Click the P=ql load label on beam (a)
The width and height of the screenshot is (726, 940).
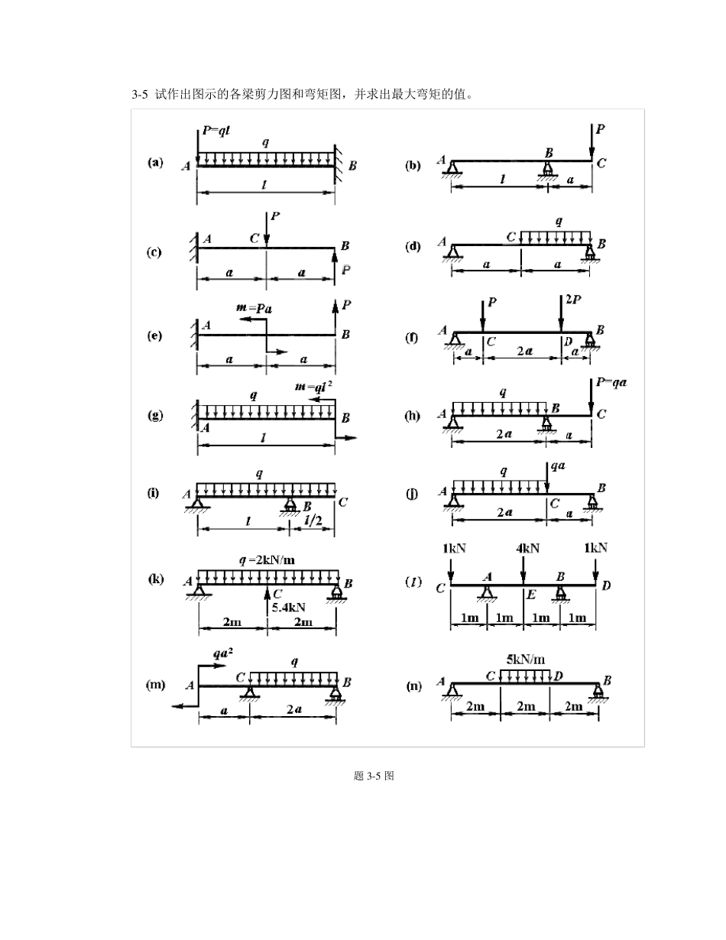tap(216, 130)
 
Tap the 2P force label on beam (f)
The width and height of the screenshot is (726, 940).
tap(573, 300)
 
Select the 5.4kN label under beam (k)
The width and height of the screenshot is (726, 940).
tap(288, 608)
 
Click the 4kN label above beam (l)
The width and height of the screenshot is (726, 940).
tap(527, 549)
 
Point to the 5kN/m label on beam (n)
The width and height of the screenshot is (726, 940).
tap(525, 660)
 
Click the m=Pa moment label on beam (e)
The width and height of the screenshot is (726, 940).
tap(254, 308)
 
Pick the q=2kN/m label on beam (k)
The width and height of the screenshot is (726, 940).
tap(267, 560)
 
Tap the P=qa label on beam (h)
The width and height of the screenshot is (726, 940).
tap(611, 382)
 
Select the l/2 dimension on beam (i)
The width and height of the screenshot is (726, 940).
tap(313, 520)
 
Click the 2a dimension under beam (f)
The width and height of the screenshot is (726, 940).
tap(524, 351)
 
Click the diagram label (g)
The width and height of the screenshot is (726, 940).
tap(155, 415)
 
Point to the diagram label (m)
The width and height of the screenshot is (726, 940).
tap(155, 685)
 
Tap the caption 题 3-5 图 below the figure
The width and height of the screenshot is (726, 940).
tap(374, 776)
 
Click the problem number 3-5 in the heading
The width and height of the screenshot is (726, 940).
tap(140, 94)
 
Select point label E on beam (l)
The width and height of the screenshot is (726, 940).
tap(531, 595)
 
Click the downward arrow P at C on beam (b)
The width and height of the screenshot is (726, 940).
tap(591, 142)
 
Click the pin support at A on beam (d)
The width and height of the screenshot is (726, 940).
tap(452, 252)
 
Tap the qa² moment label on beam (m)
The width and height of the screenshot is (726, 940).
tap(222, 653)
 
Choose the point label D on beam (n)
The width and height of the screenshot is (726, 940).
tap(558, 676)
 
